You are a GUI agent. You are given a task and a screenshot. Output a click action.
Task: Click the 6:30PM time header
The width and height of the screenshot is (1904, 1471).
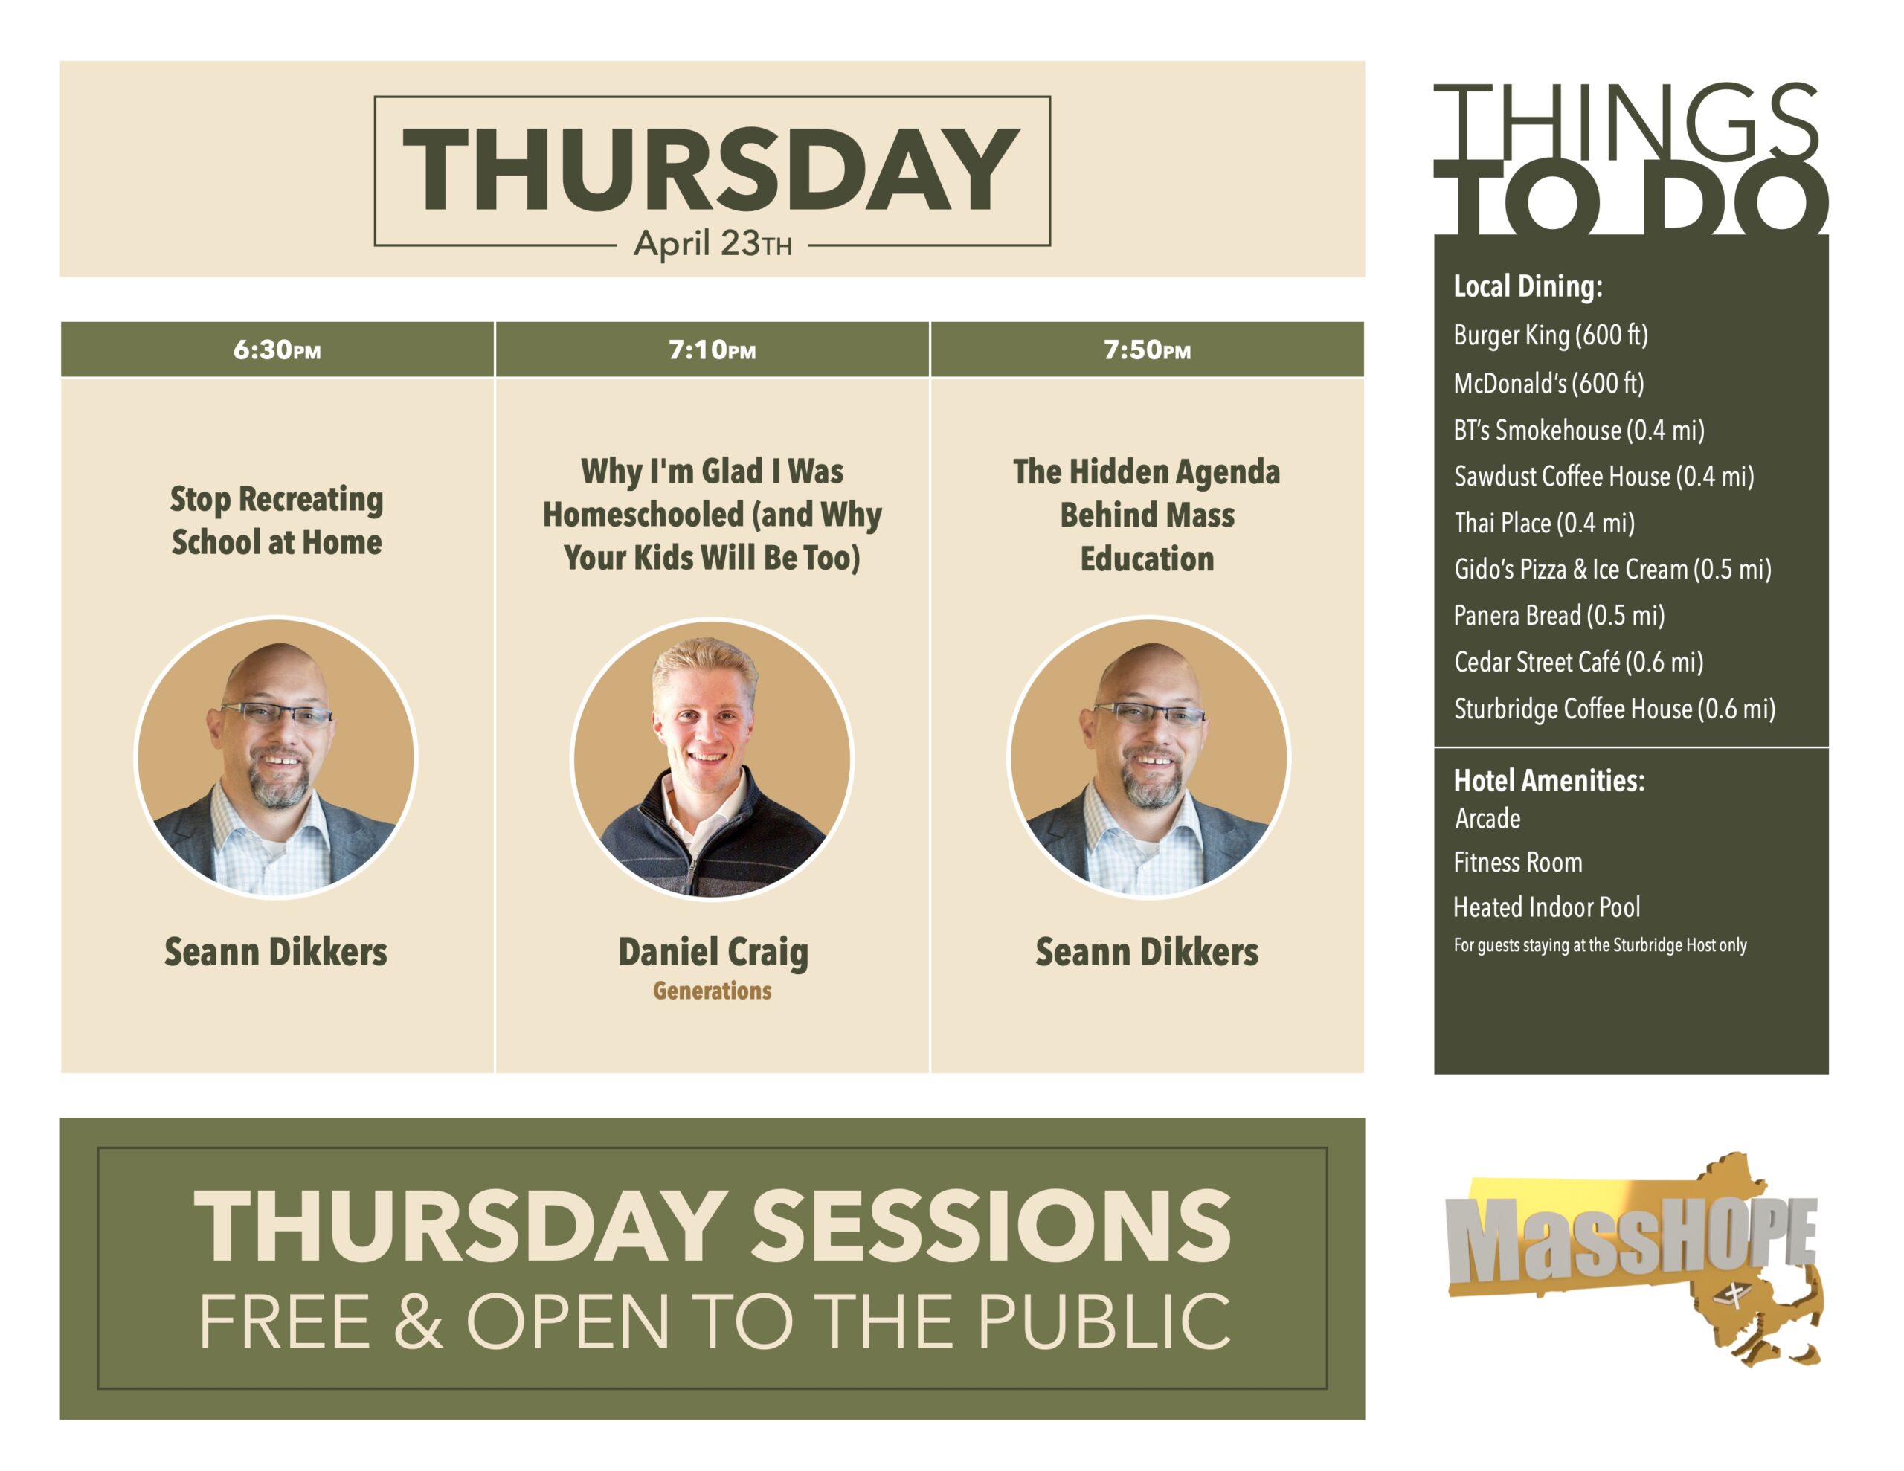(x=277, y=350)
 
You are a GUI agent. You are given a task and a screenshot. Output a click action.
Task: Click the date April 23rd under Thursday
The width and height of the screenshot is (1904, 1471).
(x=713, y=243)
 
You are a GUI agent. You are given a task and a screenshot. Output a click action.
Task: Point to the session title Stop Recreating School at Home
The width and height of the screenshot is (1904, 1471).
(x=277, y=521)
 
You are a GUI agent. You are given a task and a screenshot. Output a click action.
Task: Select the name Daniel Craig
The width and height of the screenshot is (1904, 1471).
(x=713, y=952)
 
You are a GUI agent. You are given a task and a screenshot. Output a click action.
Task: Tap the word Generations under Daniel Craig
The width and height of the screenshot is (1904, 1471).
(x=713, y=991)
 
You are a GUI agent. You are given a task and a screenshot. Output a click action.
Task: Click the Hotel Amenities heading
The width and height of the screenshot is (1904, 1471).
(x=1549, y=779)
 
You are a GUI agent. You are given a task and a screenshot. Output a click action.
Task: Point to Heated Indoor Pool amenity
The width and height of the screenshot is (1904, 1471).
(x=1546, y=907)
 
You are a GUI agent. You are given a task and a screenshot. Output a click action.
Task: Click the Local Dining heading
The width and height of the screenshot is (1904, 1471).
(x=1528, y=286)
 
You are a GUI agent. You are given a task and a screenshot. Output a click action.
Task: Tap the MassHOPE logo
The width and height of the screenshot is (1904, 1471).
(x=1632, y=1258)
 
